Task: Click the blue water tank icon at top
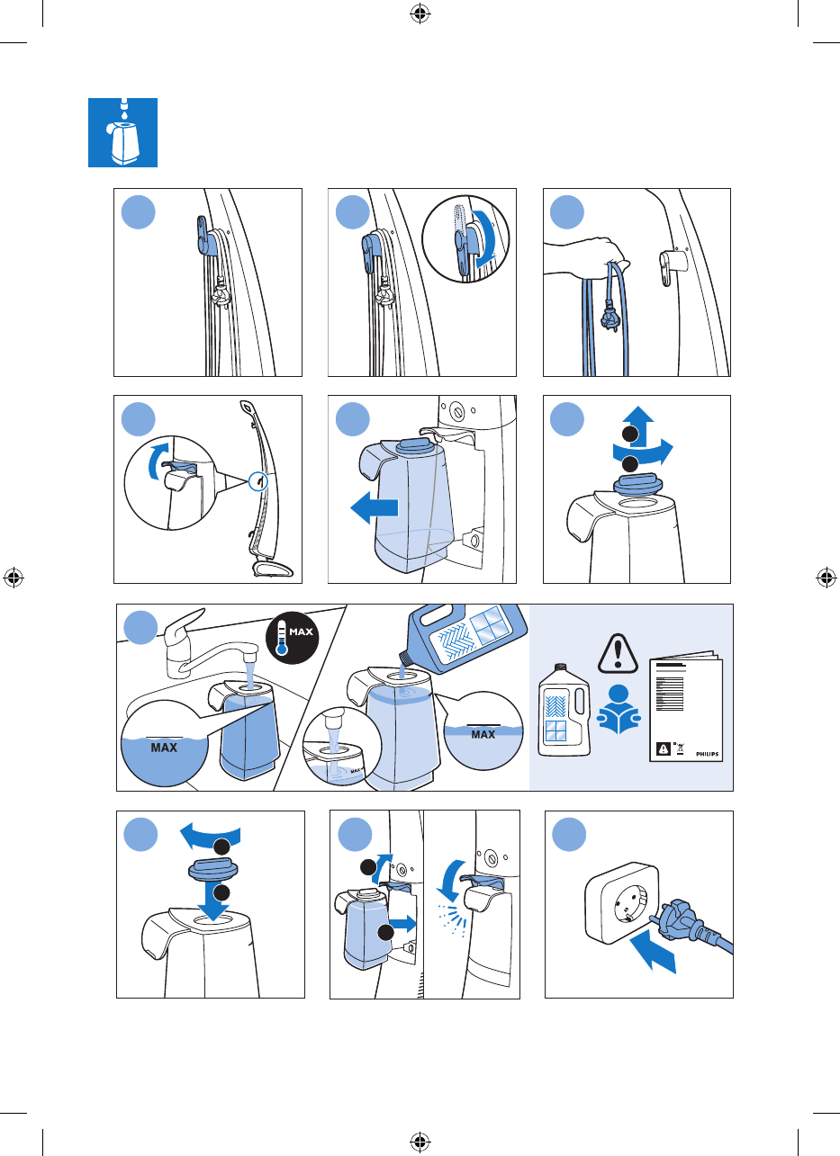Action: point(123,132)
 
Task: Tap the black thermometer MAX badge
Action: point(293,638)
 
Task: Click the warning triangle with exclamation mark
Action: point(618,653)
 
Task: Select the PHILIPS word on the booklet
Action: point(707,754)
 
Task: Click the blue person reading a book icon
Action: point(619,709)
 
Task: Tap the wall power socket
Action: point(622,903)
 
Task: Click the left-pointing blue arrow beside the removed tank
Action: point(375,507)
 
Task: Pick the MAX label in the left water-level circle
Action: point(164,748)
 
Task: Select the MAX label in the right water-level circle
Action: point(483,734)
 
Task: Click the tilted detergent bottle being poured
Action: point(464,638)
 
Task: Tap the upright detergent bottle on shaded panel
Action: point(565,712)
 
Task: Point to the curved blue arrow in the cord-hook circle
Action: point(486,238)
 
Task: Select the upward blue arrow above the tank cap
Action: point(639,426)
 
